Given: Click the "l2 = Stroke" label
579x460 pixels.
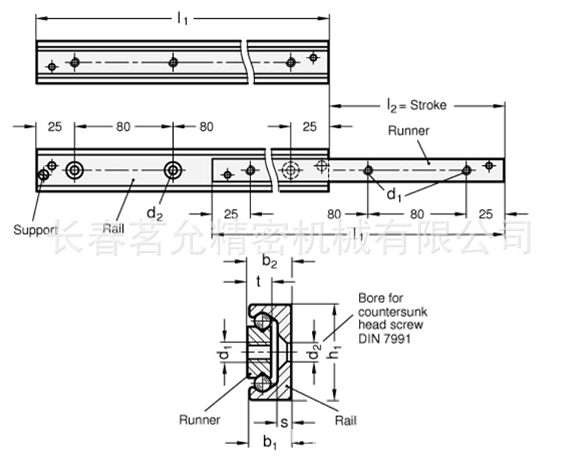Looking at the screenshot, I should click(x=416, y=105).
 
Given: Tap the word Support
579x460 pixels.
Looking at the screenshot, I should click(x=35, y=229).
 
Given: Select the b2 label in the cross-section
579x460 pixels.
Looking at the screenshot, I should click(x=269, y=262).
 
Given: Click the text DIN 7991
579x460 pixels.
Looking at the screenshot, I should click(x=385, y=340).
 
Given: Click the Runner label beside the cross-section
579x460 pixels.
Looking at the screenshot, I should click(x=200, y=419).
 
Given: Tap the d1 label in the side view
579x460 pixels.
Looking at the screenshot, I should click(x=393, y=195).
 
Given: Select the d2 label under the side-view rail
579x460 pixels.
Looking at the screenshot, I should click(x=154, y=214).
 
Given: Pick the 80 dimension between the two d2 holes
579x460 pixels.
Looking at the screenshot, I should click(x=123, y=127).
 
